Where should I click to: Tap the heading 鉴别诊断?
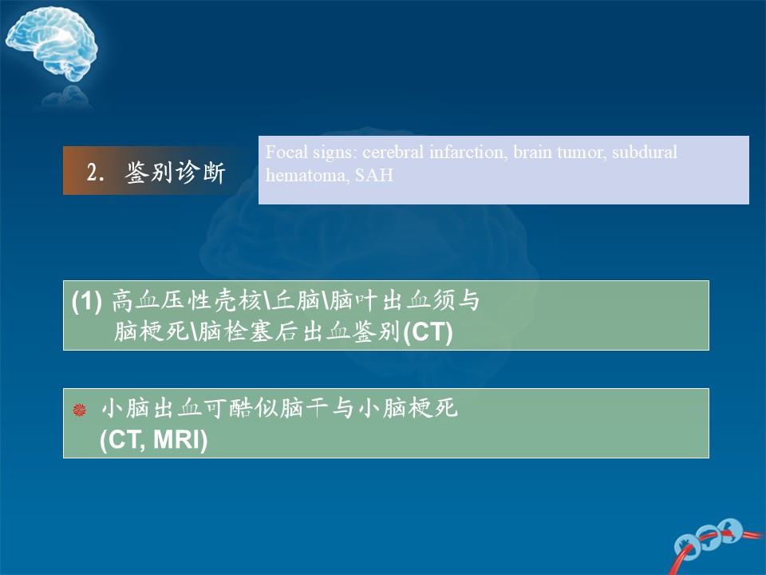[x=175, y=172]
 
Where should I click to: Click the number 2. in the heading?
[x=96, y=172]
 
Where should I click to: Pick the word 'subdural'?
[x=645, y=152]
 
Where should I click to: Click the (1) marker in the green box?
[x=86, y=301]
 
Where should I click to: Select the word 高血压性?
[x=161, y=300]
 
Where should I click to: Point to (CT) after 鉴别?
[x=428, y=332]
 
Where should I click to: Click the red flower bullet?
[x=79, y=409]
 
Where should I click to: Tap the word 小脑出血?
[x=151, y=408]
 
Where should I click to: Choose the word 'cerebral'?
[x=393, y=152]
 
